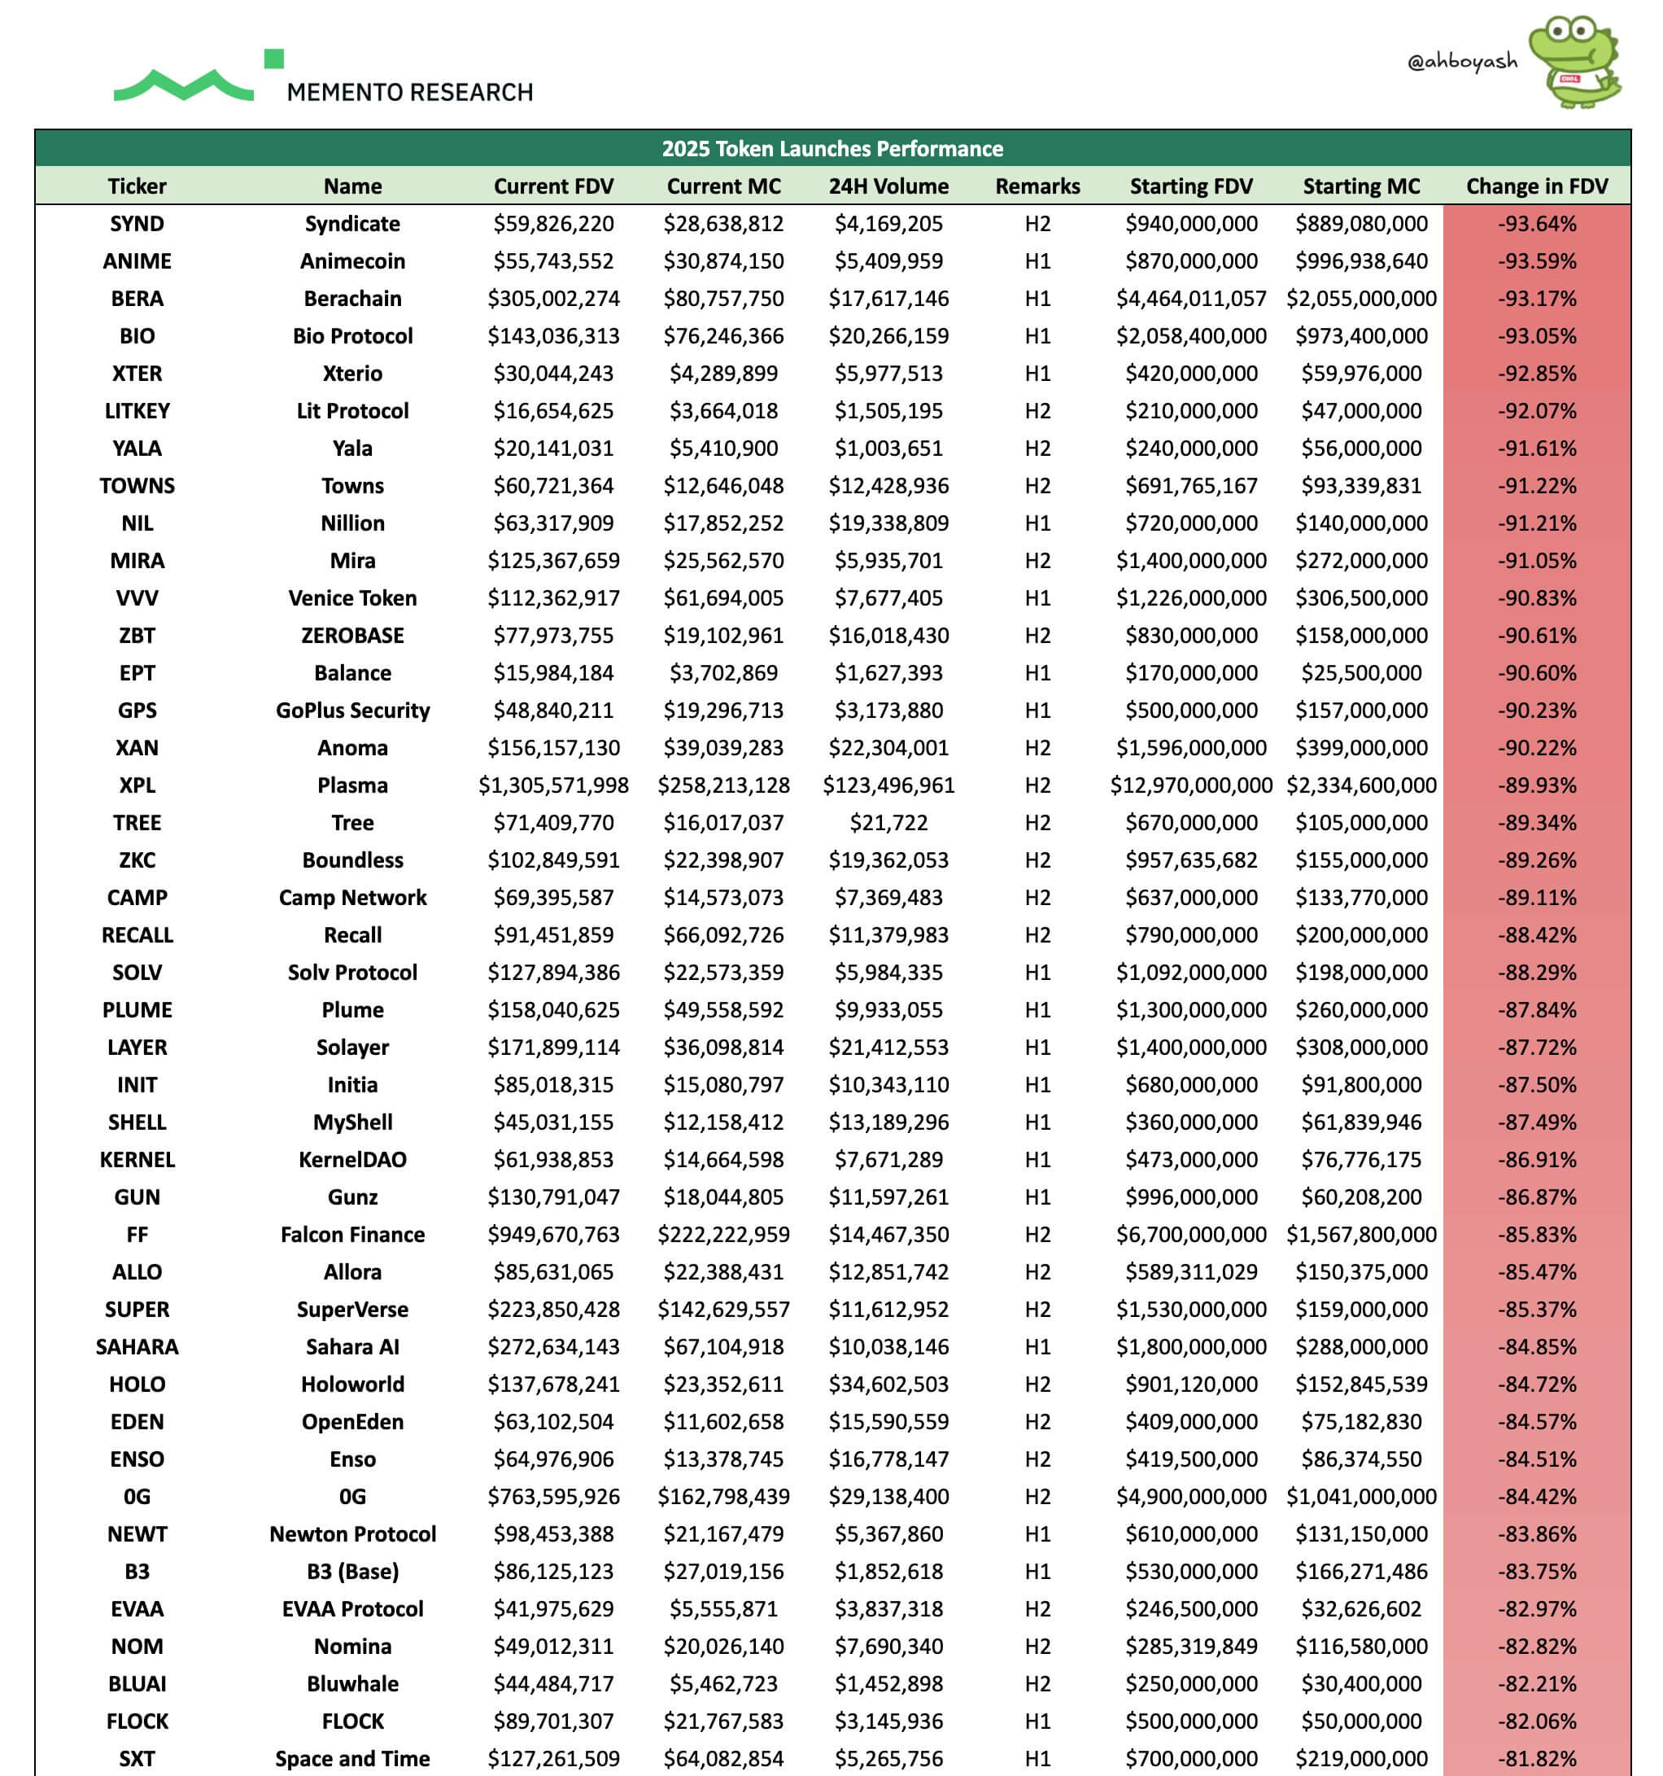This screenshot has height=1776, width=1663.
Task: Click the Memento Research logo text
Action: click(409, 92)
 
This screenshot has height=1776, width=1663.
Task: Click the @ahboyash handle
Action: click(1461, 61)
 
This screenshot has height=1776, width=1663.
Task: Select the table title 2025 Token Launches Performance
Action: click(831, 148)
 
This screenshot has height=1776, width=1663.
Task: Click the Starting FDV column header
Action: click(1190, 186)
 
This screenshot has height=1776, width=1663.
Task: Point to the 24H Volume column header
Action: click(888, 186)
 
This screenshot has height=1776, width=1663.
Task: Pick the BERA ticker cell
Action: click(137, 299)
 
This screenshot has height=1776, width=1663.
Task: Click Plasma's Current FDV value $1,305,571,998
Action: click(553, 785)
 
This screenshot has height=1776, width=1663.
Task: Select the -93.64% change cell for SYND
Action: click(1536, 223)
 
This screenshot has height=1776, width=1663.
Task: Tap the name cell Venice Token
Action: click(352, 597)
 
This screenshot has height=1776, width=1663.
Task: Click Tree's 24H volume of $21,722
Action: click(888, 823)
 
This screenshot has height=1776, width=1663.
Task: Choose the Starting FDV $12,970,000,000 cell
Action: click(1190, 785)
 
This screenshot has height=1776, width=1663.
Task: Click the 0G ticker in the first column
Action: click(137, 1496)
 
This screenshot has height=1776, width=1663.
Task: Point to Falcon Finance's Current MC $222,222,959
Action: click(723, 1235)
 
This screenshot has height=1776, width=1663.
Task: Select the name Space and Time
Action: click(352, 1758)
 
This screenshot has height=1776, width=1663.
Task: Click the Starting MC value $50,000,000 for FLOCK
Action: click(1360, 1721)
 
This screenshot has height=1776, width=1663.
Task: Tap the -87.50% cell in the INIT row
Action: click(1536, 1084)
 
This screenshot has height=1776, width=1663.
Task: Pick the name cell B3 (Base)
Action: click(352, 1572)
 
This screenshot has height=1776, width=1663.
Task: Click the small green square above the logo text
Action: click(274, 59)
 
